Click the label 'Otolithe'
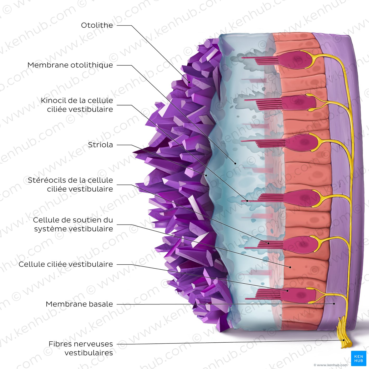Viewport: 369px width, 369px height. (x=97, y=25)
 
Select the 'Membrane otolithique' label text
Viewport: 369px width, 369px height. (x=70, y=65)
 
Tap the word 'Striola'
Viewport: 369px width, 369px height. (x=100, y=145)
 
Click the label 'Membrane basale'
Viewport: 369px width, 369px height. (x=79, y=304)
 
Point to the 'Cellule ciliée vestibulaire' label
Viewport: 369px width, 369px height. (x=66, y=264)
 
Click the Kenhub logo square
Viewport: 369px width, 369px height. (x=358, y=358)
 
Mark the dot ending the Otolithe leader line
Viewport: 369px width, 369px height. (x=189, y=82)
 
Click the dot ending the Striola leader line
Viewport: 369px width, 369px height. (x=206, y=175)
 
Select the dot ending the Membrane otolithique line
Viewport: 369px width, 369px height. (x=235, y=163)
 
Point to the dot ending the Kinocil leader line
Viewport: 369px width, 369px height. (x=247, y=201)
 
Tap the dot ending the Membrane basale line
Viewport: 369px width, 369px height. (x=334, y=304)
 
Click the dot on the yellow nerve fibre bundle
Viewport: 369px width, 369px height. (x=344, y=340)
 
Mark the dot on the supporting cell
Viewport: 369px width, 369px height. (x=290, y=267)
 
